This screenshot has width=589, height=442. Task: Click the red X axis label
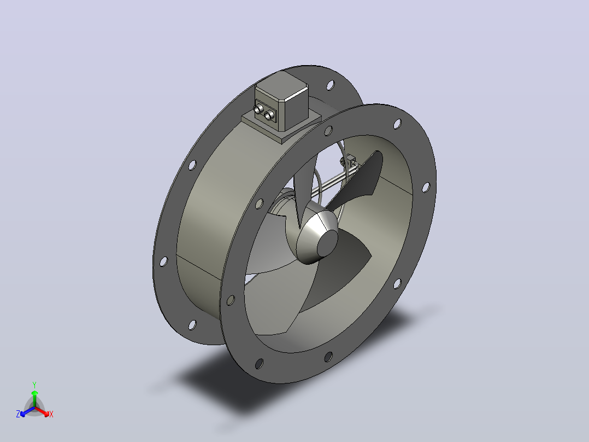[51, 414]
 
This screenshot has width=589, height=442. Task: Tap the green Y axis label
[34, 385]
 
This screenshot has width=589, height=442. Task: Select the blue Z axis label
[18, 414]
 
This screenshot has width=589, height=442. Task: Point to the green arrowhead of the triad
[34, 393]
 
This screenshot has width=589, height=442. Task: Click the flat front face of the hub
[328, 243]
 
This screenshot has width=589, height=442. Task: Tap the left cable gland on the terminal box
[258, 109]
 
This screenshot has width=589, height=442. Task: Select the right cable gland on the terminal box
[268, 115]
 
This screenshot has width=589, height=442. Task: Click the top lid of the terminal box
[281, 85]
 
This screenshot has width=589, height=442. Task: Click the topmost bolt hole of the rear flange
[330, 85]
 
